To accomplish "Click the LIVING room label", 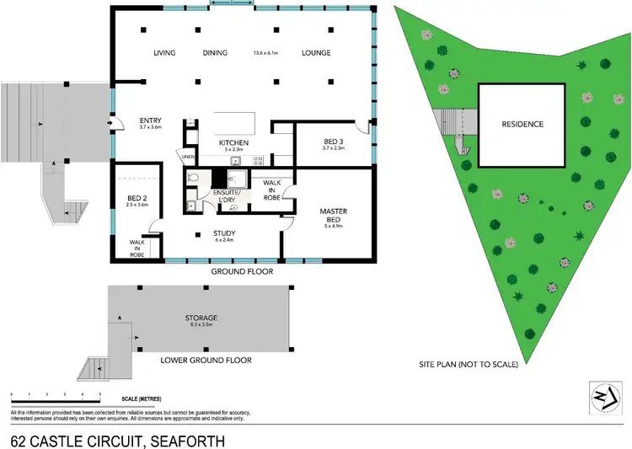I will click(164, 53).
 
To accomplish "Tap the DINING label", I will click(215, 53).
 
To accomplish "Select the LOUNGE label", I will click(316, 53).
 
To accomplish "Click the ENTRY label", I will click(150, 120).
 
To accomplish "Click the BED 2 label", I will click(137, 198).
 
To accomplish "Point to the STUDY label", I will click(225, 233).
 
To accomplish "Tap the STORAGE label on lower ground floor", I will click(201, 318).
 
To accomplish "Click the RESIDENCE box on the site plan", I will click(522, 125).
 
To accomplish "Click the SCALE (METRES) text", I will click(142, 398).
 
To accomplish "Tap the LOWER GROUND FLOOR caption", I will click(206, 360).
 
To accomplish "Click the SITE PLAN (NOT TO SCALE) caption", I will click(468, 365).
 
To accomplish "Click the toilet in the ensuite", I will click(193, 178).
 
